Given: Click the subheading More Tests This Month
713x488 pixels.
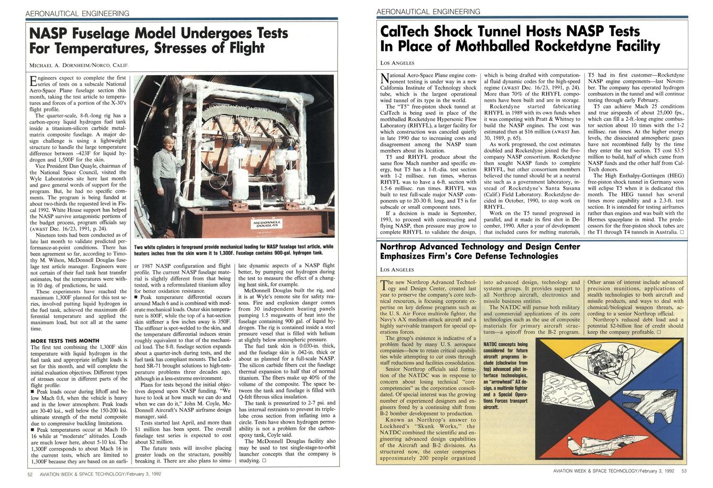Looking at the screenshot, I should (x=64, y=341).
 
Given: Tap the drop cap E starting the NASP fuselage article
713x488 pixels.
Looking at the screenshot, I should (x=34, y=80).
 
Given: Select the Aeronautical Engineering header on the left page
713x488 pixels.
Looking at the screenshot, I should (x=77, y=13).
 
